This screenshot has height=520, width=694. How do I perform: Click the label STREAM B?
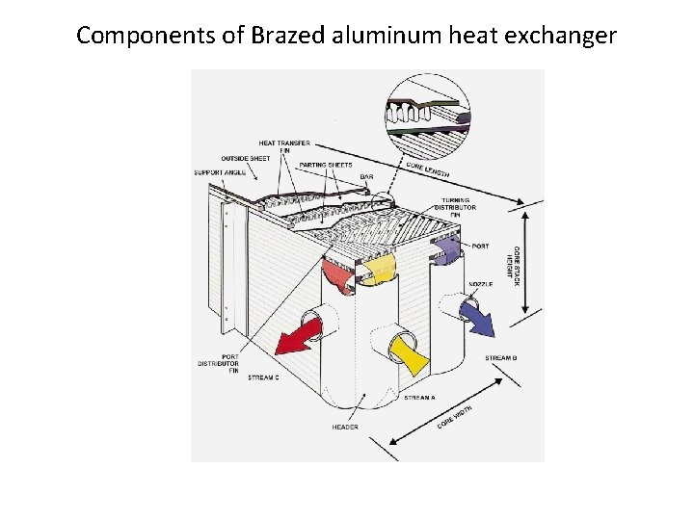point(501,358)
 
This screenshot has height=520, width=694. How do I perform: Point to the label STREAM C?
point(263,377)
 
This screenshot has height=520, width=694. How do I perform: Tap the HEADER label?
point(345,427)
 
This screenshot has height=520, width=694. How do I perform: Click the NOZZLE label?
point(481,284)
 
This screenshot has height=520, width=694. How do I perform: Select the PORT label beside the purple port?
point(480,247)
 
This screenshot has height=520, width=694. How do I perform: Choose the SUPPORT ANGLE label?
point(220,173)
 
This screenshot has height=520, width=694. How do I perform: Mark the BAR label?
point(367,176)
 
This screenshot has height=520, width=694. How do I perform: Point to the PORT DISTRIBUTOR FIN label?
point(218,363)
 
